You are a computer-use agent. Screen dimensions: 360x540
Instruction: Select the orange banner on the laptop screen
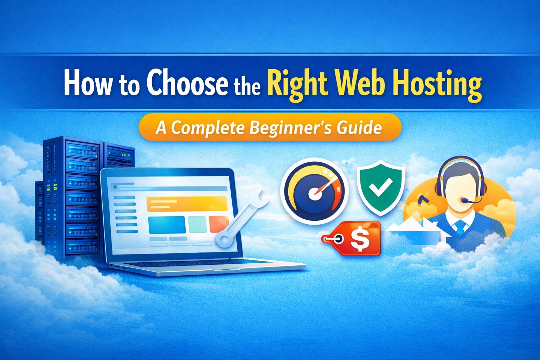[x=187, y=204]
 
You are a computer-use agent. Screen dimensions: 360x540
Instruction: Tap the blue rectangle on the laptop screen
[x=167, y=225]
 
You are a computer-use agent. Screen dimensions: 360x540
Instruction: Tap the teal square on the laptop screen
[x=197, y=225]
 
